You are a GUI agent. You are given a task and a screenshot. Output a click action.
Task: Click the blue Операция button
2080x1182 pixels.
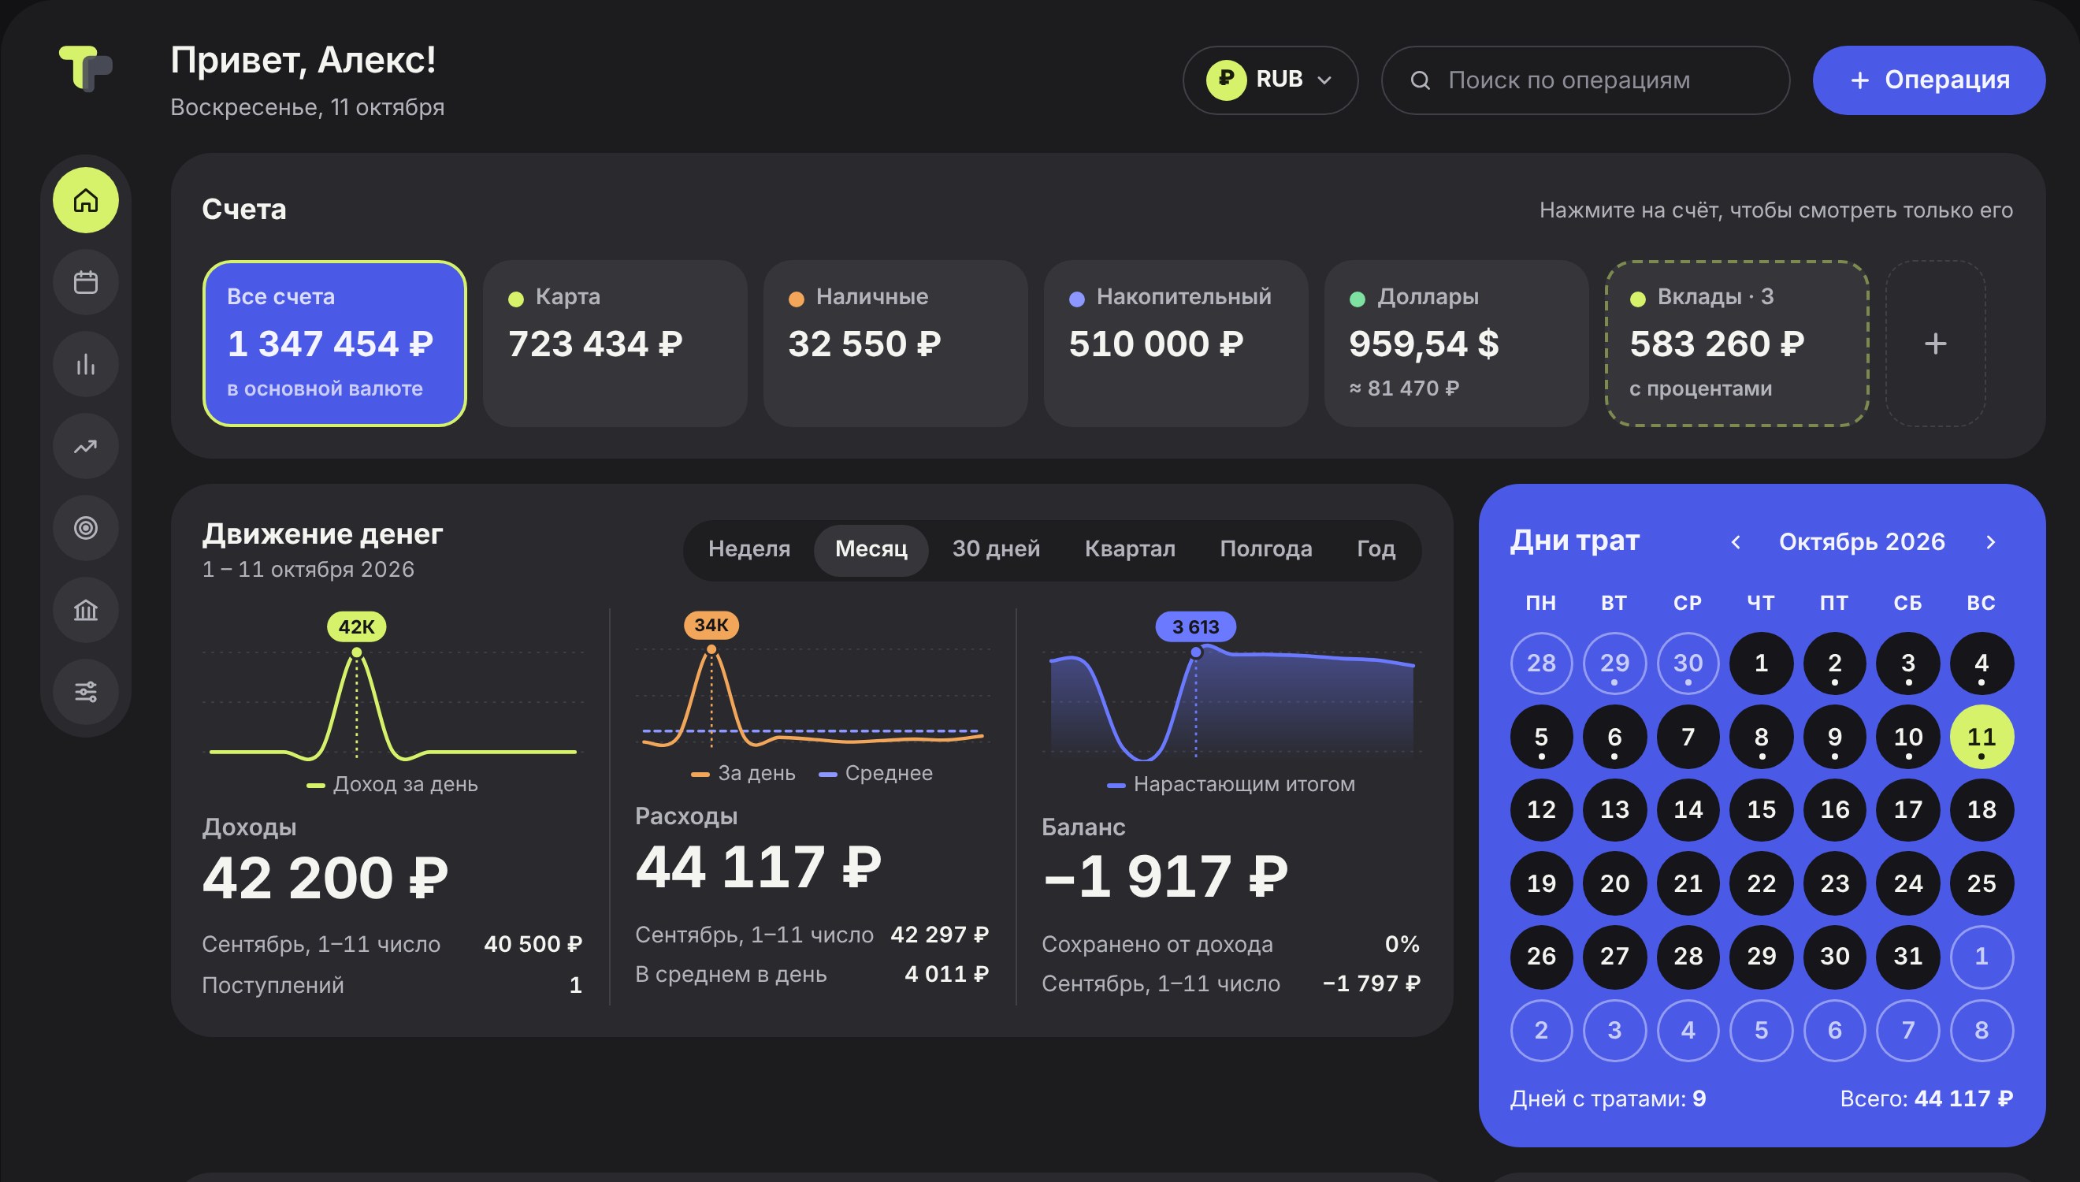tap(1928, 80)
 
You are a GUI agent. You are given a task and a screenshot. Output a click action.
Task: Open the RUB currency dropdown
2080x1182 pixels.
tap(1270, 80)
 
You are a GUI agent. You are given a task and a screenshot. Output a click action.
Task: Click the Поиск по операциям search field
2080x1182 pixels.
tap(1585, 80)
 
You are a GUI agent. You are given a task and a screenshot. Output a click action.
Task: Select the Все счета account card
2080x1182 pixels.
tap(334, 344)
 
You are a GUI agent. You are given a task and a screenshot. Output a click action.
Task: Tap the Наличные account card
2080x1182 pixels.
tap(895, 344)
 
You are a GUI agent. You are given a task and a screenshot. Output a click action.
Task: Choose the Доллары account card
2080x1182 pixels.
tap(1456, 344)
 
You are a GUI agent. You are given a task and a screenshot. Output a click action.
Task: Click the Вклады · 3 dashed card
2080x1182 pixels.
tap(1736, 344)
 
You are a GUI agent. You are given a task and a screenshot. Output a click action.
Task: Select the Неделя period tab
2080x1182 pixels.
tap(748, 549)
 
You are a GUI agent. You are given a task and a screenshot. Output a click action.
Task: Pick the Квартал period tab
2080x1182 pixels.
tap(1130, 549)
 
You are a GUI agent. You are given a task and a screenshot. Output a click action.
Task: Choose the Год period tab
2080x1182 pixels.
tap(1376, 549)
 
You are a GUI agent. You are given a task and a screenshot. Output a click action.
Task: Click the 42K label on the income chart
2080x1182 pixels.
tap(356, 626)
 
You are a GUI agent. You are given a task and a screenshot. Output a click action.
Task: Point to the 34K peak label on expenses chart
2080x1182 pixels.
tap(711, 625)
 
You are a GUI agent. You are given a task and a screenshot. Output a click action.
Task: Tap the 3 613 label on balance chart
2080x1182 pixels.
tap(1195, 626)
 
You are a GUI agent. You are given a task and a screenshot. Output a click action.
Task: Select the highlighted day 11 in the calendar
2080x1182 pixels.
tap(1981, 736)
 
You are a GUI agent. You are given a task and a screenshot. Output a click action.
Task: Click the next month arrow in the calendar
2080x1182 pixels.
tap(1991, 542)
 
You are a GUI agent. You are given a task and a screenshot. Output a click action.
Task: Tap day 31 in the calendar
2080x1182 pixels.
tap(1908, 957)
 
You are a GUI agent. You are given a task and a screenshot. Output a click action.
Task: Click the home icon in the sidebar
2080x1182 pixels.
tap(86, 200)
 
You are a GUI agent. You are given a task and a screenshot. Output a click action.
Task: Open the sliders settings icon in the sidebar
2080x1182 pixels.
tap(86, 692)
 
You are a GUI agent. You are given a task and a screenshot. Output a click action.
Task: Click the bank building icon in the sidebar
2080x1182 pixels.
tap(86, 610)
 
